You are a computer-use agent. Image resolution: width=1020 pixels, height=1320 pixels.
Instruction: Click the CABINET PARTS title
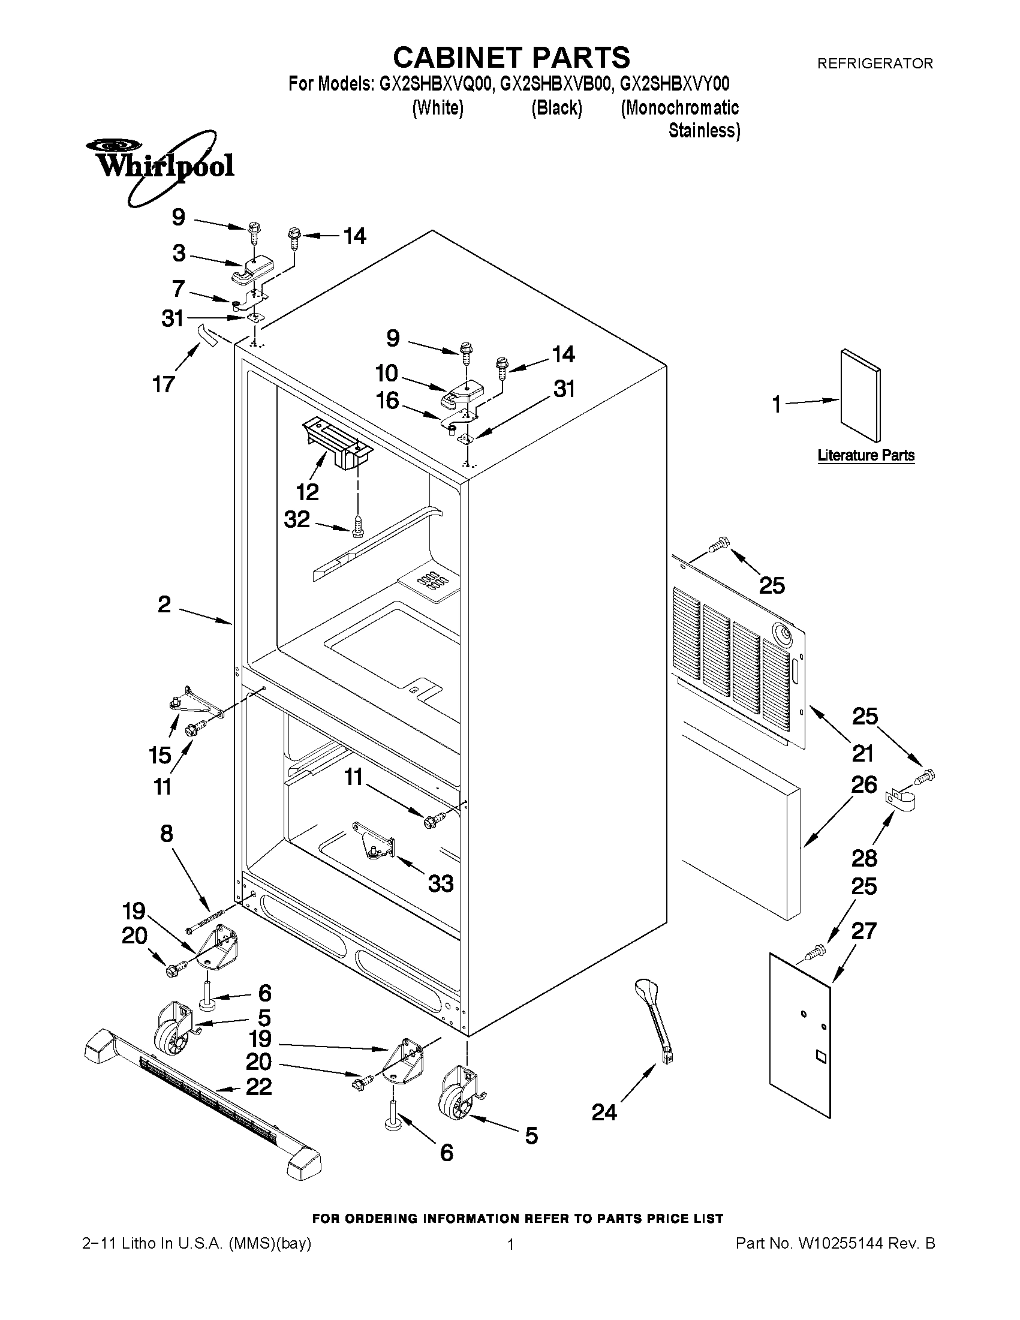point(511,58)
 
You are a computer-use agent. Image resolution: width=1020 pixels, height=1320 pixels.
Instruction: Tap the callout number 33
point(441,883)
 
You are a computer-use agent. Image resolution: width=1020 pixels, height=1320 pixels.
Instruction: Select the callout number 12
point(307,492)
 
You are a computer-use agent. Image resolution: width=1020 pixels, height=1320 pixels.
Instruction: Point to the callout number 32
point(297,519)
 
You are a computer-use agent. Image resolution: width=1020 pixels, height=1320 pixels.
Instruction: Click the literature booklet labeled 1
point(860,396)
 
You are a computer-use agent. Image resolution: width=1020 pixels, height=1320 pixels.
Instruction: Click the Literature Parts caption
point(865,455)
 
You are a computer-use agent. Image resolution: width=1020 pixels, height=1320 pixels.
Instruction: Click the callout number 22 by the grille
point(259,1086)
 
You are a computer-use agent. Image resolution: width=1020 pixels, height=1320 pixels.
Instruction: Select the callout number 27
point(863,930)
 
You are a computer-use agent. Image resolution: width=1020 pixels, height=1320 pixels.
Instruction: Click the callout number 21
point(863,754)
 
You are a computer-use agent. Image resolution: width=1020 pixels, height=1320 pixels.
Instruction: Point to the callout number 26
point(863,784)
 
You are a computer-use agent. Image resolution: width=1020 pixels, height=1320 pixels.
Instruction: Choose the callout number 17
point(164,383)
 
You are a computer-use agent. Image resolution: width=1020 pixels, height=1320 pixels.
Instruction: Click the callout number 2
point(164,604)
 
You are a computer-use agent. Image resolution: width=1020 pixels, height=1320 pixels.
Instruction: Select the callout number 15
point(160,754)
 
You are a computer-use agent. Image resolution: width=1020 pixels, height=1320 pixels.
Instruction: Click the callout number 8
point(167,834)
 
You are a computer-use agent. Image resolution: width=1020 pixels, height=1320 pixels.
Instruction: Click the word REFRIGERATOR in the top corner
point(874,63)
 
